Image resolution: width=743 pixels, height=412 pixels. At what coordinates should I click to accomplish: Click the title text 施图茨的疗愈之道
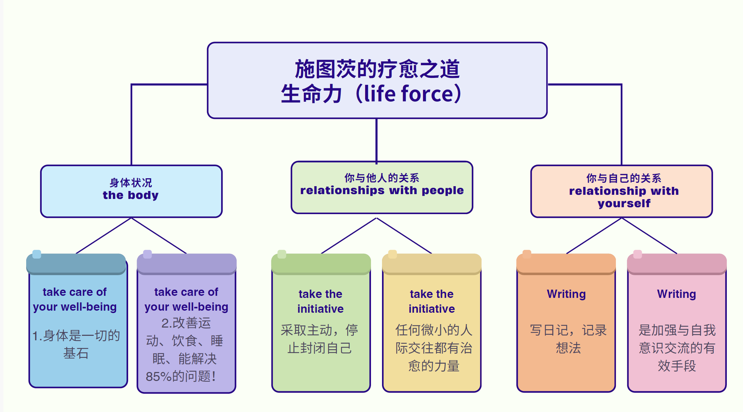[377, 69]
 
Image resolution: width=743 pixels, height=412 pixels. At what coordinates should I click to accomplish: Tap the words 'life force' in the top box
[408, 94]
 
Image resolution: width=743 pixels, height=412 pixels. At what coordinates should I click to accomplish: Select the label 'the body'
[131, 195]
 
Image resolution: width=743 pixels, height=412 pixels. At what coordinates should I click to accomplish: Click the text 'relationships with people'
[382, 190]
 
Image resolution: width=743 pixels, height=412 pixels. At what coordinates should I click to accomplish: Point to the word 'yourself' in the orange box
[624, 203]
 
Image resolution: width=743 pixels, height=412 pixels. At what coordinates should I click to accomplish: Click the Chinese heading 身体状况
[131, 182]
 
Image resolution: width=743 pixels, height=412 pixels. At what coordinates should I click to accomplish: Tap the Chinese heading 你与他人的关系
[382, 178]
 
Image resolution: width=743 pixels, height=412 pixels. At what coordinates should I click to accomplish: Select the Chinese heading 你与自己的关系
[624, 178]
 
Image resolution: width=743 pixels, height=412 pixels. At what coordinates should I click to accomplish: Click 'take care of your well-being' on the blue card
[75, 299]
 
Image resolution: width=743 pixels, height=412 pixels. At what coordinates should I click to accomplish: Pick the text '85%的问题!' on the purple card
[180, 376]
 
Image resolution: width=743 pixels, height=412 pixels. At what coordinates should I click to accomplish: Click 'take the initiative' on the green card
[320, 301]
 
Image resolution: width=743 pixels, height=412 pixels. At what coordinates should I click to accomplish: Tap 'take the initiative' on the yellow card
[432, 301]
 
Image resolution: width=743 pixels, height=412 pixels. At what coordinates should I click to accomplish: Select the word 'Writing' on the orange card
[566, 294]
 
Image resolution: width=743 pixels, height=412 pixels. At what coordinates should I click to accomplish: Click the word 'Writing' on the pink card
[677, 294]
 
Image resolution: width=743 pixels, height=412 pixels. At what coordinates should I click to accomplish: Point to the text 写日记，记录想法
[568, 339]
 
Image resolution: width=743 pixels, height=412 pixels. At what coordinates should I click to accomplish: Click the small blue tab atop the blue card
[37, 254]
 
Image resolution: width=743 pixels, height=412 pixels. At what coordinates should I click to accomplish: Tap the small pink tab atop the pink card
[638, 254]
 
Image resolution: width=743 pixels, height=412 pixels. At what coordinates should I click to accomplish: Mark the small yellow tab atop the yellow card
[392, 254]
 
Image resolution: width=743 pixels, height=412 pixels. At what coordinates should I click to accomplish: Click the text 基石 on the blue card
[76, 353]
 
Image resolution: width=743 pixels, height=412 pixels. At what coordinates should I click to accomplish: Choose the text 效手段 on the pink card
[677, 366]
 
